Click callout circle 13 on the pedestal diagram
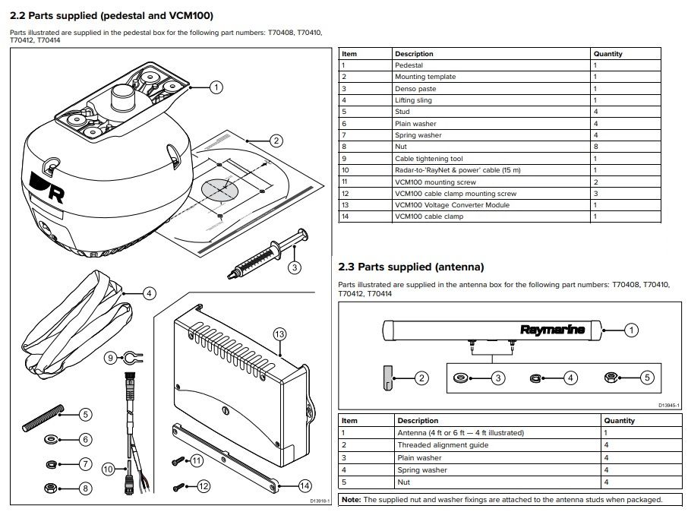(279, 333)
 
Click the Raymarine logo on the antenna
(552, 330)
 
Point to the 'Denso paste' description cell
(415, 89)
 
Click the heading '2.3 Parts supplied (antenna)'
(410, 267)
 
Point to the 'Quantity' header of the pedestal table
(608, 54)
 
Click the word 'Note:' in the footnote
(351, 500)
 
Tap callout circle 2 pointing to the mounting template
(276, 141)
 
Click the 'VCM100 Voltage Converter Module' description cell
(452, 204)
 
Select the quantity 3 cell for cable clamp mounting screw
(595, 193)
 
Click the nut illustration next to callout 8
(49, 488)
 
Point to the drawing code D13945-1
(668, 405)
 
